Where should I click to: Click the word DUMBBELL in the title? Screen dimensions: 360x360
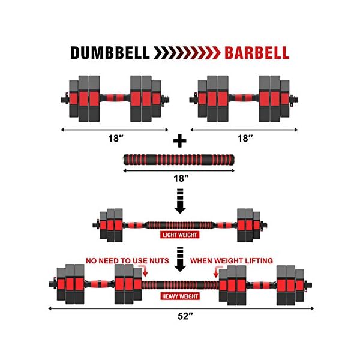(x=110, y=52)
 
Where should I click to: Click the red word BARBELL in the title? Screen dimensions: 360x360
(x=256, y=52)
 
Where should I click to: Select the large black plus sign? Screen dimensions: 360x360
(x=179, y=140)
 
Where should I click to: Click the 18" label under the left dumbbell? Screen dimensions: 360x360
(x=115, y=137)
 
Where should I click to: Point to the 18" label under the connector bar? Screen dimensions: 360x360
(x=179, y=178)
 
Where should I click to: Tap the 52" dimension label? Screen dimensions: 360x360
(x=179, y=317)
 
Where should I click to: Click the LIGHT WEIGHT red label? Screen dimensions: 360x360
(x=179, y=235)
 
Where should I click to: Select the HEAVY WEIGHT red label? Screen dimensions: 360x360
(x=179, y=296)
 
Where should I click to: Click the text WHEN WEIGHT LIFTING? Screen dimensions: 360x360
(x=231, y=260)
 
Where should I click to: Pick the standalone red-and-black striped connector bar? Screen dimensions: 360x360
(x=179, y=161)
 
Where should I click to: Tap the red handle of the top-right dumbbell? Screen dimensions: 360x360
(x=242, y=95)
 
